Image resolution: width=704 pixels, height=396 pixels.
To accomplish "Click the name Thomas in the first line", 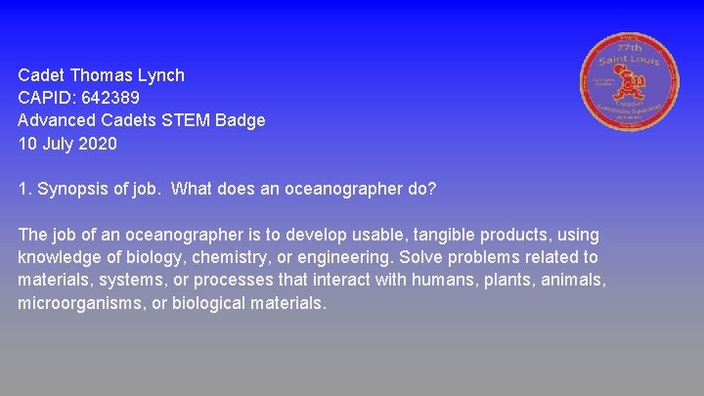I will tap(103, 75).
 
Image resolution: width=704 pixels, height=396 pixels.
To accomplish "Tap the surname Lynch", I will tap(161, 75).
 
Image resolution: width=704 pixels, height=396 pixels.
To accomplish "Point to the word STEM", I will tap(188, 121).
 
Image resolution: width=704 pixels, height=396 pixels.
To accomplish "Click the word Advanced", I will tap(57, 121).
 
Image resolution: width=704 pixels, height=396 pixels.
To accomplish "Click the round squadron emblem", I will tap(633, 86).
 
